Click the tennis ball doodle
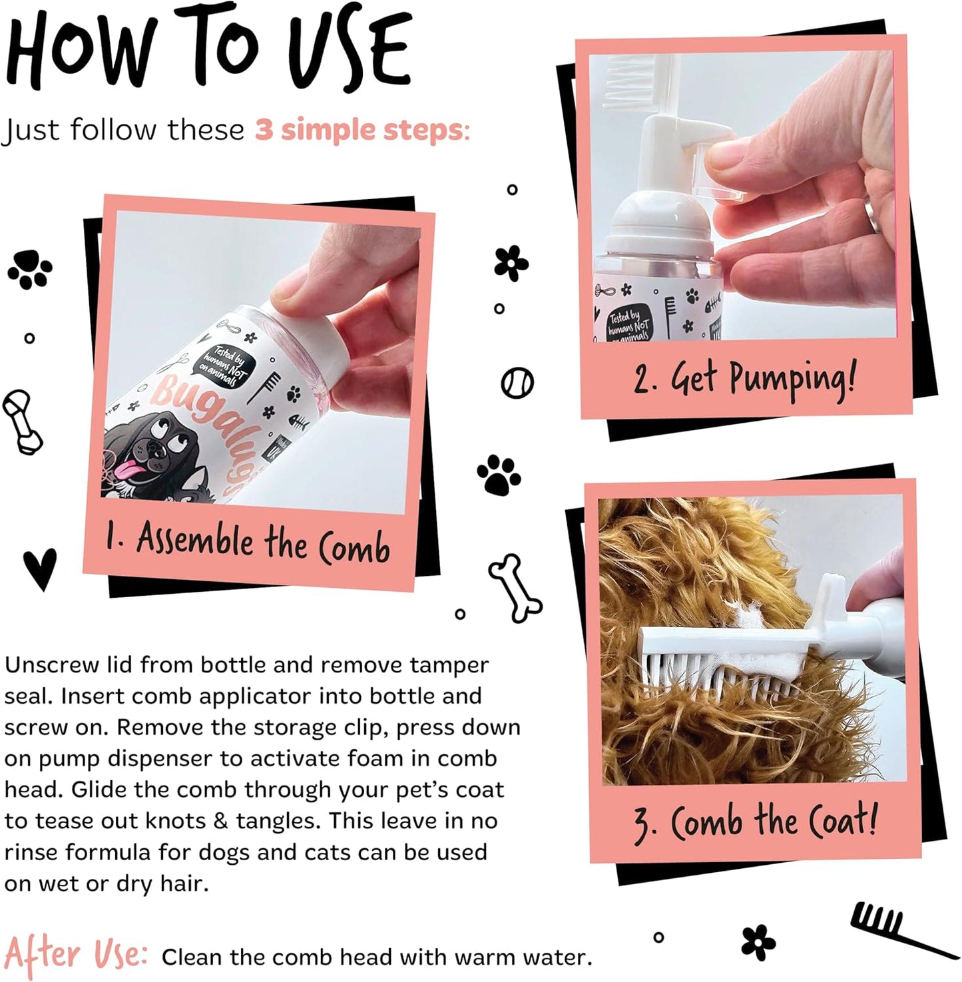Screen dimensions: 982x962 coord(517,383)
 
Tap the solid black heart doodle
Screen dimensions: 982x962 coord(40,569)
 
